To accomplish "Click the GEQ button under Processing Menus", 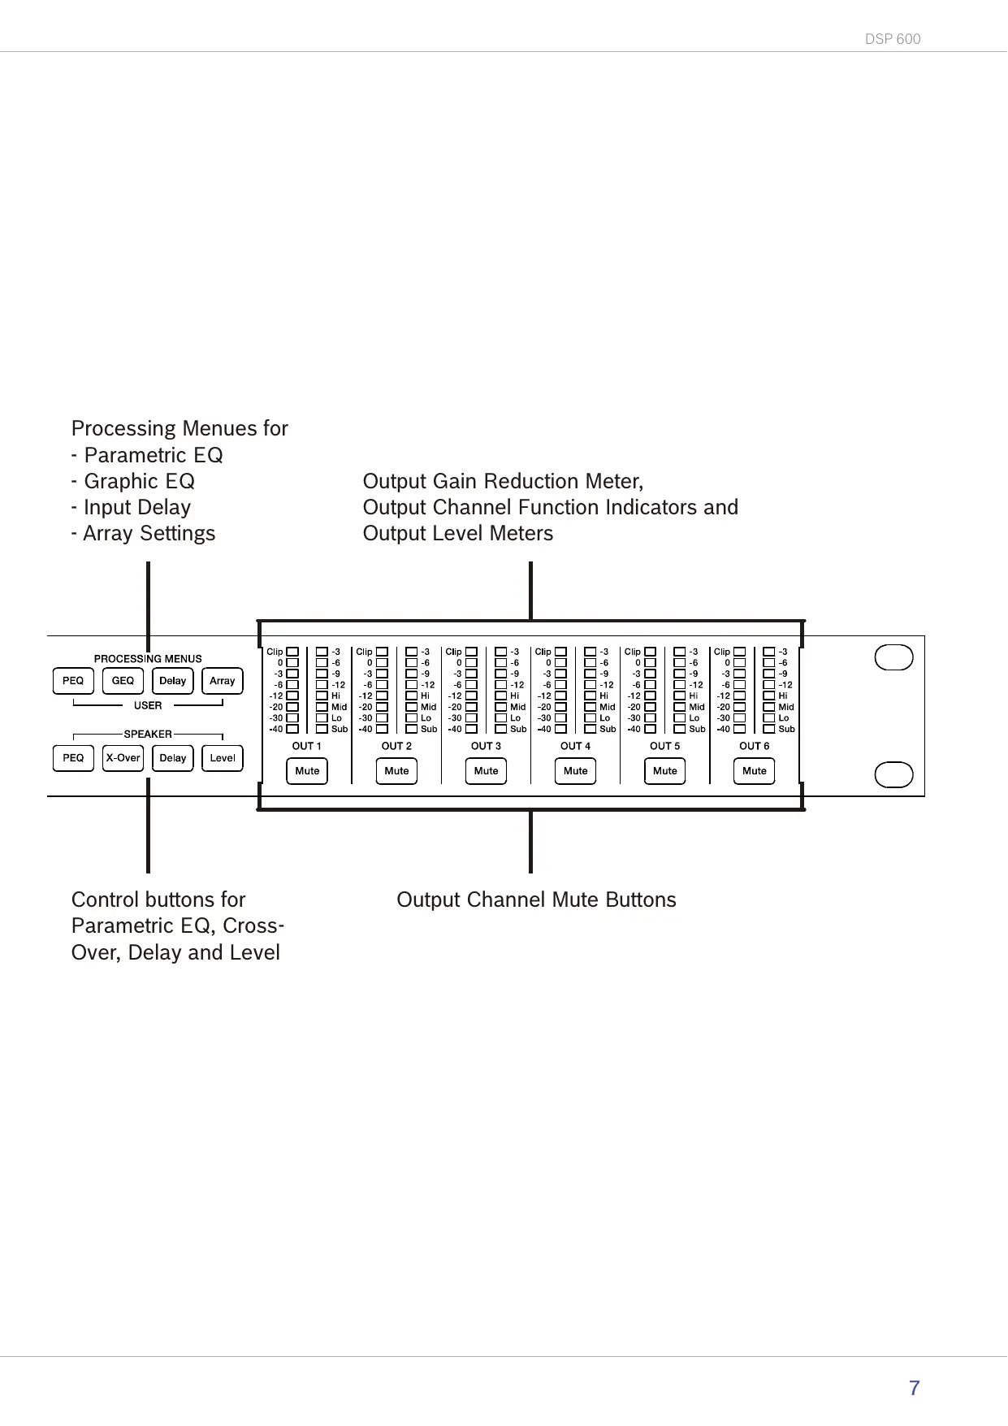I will click(x=123, y=681).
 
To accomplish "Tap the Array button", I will click(x=222, y=681).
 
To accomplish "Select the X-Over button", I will click(x=123, y=758).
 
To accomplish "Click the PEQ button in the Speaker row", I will click(x=73, y=758).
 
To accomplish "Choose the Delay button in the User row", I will click(x=172, y=681).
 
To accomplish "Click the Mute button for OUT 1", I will click(x=307, y=771).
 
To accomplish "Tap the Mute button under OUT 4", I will click(x=575, y=771).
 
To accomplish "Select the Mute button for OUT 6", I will click(x=754, y=771).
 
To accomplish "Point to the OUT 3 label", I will click(x=486, y=746).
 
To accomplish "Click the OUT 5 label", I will click(x=664, y=746).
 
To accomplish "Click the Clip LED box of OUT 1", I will click(x=292, y=652).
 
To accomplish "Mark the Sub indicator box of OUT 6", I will click(x=769, y=729).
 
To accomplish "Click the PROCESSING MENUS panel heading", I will click(x=148, y=659).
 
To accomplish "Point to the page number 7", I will click(x=914, y=1388).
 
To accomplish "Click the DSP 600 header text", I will click(x=893, y=39).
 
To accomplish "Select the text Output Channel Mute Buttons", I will click(x=536, y=900).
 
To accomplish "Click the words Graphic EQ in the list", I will click(x=139, y=482).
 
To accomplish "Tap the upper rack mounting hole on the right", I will click(x=893, y=657).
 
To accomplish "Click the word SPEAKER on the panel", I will click(x=148, y=734).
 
